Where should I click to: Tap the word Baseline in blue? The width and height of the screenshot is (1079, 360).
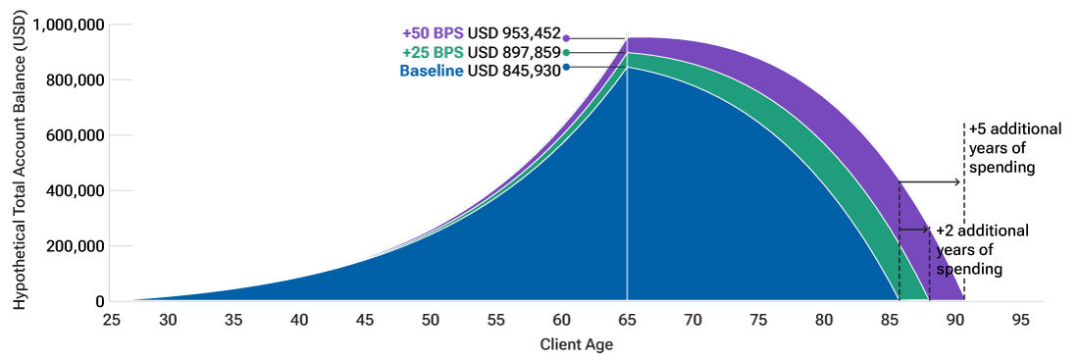[x=432, y=71]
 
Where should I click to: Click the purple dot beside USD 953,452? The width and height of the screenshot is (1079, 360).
[x=566, y=38]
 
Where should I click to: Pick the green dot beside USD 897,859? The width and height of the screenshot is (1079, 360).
[x=566, y=53]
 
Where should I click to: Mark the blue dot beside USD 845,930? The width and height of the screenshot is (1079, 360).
[x=566, y=67]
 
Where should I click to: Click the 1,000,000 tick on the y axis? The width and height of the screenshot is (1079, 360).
[x=68, y=25]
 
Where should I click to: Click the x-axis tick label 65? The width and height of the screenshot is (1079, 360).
[x=627, y=320]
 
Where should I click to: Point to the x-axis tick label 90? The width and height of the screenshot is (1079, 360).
[x=955, y=320]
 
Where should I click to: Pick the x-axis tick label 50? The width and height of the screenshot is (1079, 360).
[x=430, y=320]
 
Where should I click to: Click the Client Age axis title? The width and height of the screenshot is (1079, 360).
[x=577, y=345]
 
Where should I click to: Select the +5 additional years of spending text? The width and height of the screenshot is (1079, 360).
[x=1002, y=148]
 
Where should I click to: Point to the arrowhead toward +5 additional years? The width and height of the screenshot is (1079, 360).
[x=960, y=182]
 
